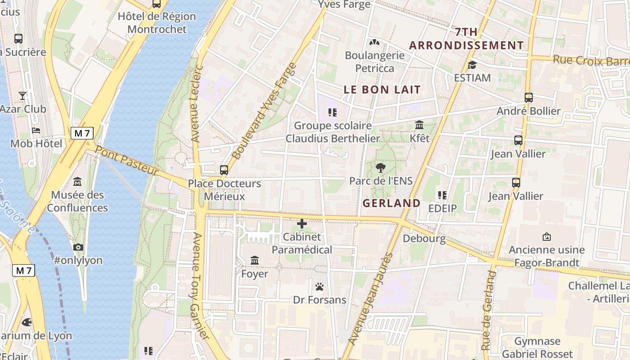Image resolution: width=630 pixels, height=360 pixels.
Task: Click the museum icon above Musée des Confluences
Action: tap(77, 182)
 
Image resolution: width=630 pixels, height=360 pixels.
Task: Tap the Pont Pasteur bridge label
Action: tap(127, 161)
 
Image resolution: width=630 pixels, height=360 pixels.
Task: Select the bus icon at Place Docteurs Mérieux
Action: tap(224, 170)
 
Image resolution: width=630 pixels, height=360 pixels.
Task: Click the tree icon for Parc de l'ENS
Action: tap(381, 168)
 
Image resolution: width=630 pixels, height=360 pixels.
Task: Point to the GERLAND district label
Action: tap(391, 203)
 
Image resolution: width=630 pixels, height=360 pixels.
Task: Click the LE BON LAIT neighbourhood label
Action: tap(382, 90)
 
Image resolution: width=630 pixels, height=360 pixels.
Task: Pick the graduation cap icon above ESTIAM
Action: tap(472, 65)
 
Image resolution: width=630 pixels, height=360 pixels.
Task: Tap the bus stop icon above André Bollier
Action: tap(529, 98)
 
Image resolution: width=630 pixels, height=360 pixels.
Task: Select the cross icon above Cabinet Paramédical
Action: tap(302, 223)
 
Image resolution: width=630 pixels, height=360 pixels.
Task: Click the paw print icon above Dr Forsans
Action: tap(319, 287)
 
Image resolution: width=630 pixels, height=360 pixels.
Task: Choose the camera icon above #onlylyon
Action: tap(78, 247)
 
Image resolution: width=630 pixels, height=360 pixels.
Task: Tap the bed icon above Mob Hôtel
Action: tap(36, 130)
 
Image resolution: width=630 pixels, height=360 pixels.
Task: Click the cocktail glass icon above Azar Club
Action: tap(22, 95)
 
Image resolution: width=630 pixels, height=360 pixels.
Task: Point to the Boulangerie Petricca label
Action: tap(374, 62)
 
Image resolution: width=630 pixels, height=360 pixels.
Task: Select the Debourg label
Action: tap(424, 238)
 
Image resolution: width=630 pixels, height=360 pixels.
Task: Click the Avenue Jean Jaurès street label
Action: tap(371, 299)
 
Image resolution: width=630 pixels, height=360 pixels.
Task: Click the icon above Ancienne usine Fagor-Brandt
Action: tap(547, 237)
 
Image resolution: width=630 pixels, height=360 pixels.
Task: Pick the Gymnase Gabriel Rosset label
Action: tap(537, 347)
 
